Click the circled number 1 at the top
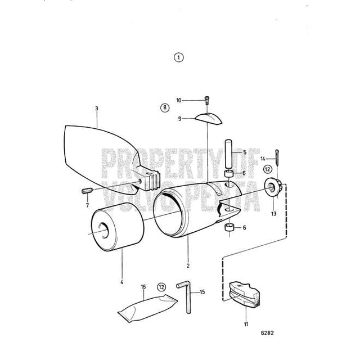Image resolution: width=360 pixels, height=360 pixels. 179,57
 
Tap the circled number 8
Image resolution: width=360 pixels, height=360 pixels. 165,107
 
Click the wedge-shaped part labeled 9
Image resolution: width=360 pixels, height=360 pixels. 209,119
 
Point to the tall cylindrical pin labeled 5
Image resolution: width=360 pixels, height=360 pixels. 229,154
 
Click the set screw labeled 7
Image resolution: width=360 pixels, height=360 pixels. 88,191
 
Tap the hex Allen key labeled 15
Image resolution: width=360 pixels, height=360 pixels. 185,296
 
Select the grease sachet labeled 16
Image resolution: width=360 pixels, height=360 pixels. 147,308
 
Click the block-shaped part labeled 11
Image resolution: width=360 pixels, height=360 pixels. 245,294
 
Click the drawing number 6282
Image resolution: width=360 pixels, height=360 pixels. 267,333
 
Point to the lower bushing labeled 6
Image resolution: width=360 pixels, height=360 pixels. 229,227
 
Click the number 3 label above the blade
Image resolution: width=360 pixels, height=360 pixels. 97,109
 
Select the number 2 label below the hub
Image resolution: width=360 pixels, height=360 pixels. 188,265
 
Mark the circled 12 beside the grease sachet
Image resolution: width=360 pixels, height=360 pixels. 161,287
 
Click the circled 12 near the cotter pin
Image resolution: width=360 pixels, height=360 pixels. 267,169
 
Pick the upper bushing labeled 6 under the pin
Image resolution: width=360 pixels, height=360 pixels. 229,174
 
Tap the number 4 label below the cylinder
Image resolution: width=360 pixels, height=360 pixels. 121,282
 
